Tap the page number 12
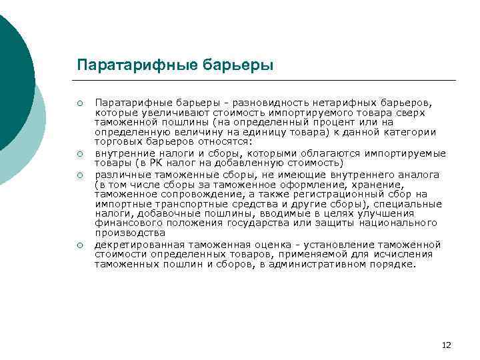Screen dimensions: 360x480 coord(446,345)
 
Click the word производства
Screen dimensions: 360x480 coord(130,233)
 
